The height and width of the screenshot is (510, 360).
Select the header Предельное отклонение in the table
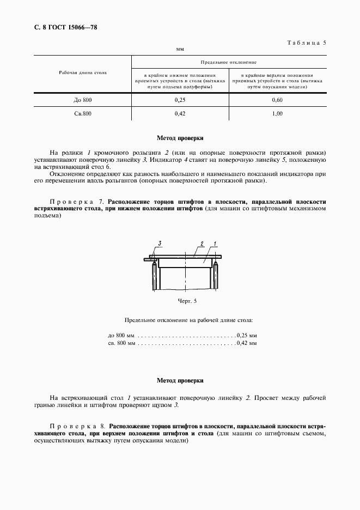click(228, 63)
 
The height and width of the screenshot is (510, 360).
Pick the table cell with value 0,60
click(277, 100)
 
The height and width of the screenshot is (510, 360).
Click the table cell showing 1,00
click(277, 113)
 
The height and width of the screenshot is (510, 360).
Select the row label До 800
click(83, 100)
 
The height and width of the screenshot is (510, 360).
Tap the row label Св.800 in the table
click(83, 113)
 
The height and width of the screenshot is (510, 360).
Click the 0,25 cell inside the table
click(180, 100)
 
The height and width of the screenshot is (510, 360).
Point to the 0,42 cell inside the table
click(180, 113)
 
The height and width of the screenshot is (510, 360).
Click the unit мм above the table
click(180, 49)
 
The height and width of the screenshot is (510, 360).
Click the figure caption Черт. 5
click(187, 300)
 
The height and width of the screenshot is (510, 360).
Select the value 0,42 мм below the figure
click(246, 343)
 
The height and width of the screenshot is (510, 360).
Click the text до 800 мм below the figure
click(121, 335)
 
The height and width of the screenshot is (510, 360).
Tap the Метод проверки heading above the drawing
click(180, 138)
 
